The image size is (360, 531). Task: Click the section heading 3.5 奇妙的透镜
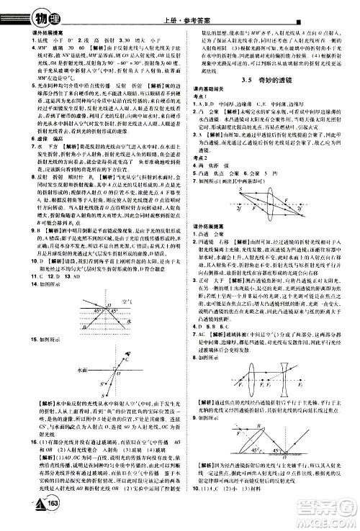(269, 82)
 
